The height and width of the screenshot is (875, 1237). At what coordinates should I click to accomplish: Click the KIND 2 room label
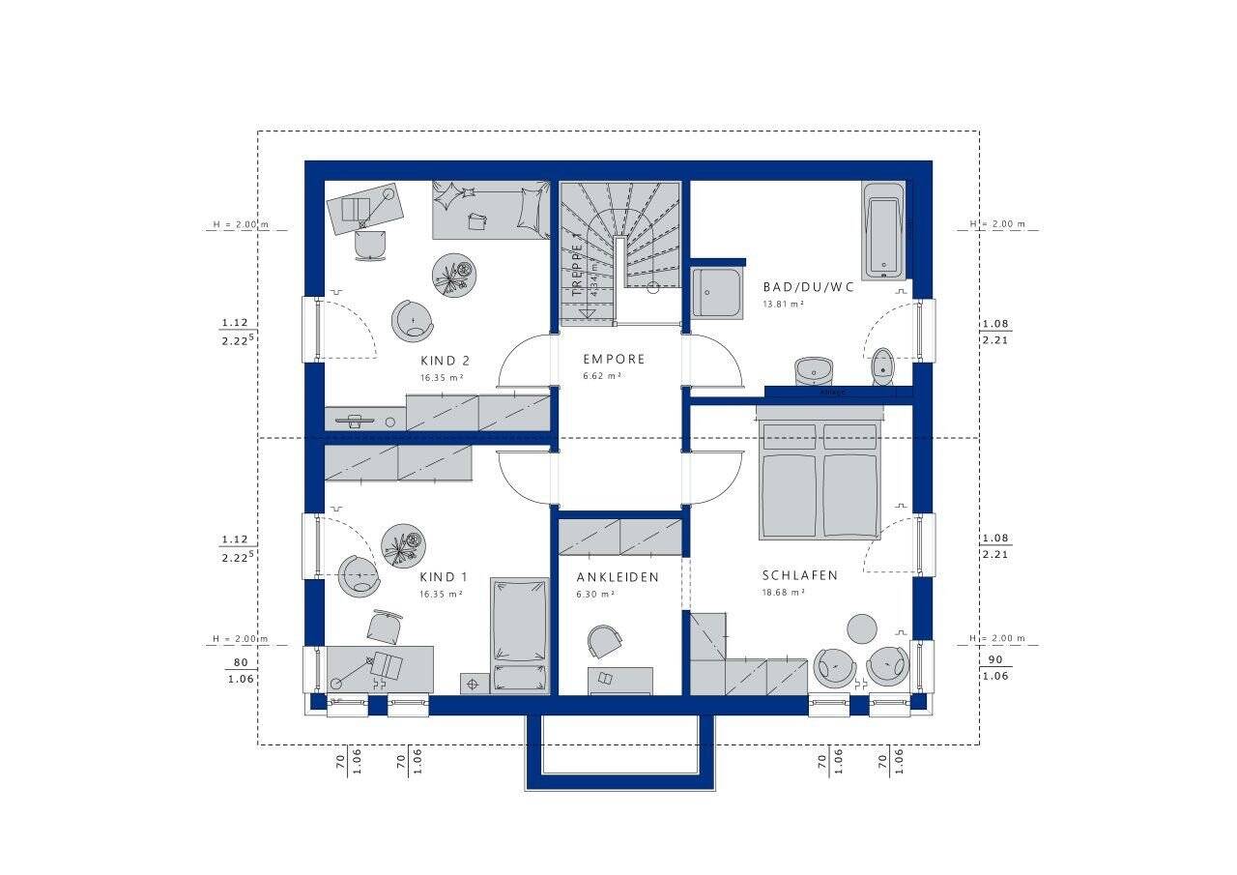click(x=445, y=361)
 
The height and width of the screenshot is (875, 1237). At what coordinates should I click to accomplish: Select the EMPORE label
click(x=614, y=359)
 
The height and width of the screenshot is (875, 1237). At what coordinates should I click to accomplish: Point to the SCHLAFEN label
click(x=799, y=575)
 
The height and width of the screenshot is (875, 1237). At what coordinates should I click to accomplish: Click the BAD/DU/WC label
click(x=809, y=287)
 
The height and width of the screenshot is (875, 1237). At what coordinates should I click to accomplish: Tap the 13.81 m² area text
click(x=784, y=304)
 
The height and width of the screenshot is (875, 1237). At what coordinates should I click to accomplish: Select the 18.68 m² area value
click(x=784, y=592)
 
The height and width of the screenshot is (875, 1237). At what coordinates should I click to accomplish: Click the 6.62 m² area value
click(x=601, y=375)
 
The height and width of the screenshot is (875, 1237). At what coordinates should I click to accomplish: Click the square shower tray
click(x=715, y=293)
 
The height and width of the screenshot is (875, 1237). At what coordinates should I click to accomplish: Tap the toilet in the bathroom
click(x=882, y=365)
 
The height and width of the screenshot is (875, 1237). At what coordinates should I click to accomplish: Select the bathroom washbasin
click(x=814, y=370)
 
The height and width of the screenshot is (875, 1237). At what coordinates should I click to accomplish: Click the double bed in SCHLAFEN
click(x=820, y=479)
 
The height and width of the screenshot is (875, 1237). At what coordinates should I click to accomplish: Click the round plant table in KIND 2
click(x=454, y=277)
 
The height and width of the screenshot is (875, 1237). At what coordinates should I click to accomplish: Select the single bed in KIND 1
click(x=519, y=632)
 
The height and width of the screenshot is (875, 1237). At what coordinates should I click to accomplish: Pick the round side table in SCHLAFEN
click(x=862, y=628)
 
